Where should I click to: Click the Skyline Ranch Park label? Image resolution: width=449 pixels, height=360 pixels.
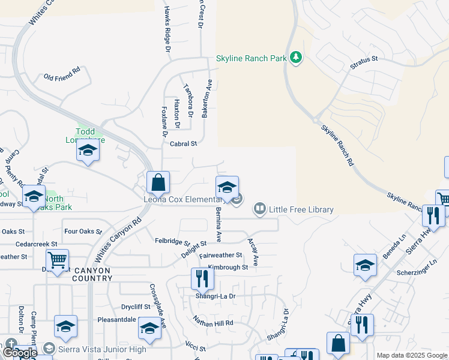pos(251,59)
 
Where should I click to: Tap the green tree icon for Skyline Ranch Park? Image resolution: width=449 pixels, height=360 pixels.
pos(295,58)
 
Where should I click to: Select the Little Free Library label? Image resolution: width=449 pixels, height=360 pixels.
pos(301,209)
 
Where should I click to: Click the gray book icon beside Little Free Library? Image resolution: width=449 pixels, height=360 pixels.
pos(260,209)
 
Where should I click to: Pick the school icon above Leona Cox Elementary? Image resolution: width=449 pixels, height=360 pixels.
pos(227,187)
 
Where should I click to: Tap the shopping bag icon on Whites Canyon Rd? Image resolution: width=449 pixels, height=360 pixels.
pos(158,182)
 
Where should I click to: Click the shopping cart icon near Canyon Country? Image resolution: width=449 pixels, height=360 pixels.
pos(58,260)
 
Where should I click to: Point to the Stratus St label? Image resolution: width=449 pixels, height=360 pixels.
pos(365,59)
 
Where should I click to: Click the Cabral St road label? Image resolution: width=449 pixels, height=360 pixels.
pos(183,144)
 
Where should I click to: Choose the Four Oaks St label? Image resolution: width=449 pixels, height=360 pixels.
pos(79,231)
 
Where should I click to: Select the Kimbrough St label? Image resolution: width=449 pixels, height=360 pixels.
pos(228,267)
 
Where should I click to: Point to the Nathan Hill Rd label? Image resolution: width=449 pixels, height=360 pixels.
pos(212,322)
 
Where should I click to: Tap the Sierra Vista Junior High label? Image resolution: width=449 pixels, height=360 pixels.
pos(103,349)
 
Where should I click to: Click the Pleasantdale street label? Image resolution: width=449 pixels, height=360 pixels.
pos(116,320)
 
